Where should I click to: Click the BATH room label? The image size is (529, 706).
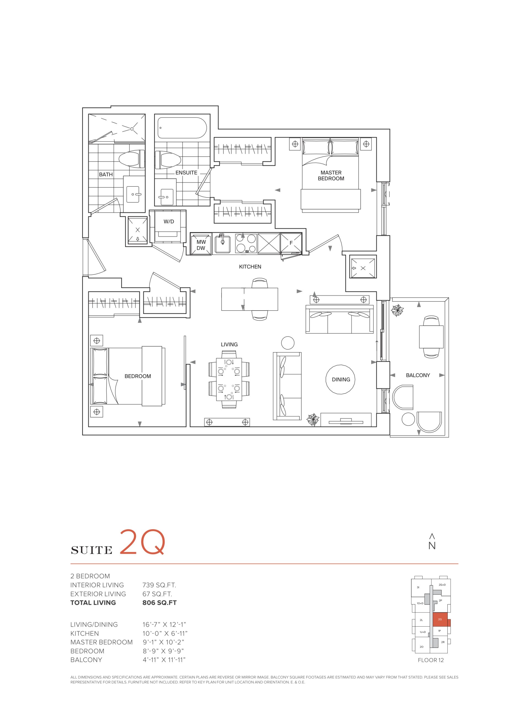[106, 175]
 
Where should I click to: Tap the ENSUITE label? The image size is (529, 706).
[186, 173]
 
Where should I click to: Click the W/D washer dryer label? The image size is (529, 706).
[169, 221]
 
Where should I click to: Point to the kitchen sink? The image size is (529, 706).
[223, 244]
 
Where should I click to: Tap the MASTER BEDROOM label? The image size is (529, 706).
[331, 176]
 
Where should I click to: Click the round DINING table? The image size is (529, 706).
[341, 379]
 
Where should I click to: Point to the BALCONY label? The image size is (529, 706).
[418, 375]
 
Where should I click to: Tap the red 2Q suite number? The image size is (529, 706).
[142, 542]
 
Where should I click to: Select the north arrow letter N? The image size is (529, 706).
[432, 546]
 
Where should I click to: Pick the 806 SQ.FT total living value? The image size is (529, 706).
[160, 603]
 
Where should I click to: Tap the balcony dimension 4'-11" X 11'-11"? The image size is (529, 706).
[164, 660]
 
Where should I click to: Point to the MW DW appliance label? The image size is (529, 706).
[201, 245]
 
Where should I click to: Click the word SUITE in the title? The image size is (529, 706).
[91, 550]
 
